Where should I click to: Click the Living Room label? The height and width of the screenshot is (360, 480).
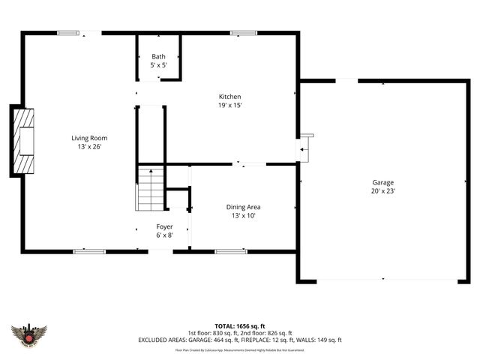tap(90, 137)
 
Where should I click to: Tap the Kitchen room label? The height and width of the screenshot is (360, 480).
tap(229, 97)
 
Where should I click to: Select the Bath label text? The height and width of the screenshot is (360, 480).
tap(158, 56)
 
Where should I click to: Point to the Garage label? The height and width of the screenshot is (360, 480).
tap(383, 182)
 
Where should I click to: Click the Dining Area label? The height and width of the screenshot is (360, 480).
tap(244, 207)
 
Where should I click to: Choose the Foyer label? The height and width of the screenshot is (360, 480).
tap(164, 226)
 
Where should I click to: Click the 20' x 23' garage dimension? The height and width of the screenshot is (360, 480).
tap(383, 191)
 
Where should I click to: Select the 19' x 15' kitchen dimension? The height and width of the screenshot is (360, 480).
tap(229, 106)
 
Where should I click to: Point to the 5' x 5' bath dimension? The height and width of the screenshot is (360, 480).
tap(158, 65)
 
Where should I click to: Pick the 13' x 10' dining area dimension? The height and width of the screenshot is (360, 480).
tap(244, 216)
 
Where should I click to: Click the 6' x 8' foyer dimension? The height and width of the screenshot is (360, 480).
tap(164, 235)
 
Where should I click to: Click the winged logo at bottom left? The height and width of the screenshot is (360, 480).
tap(30, 334)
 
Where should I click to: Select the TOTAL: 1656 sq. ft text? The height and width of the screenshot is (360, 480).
tap(240, 326)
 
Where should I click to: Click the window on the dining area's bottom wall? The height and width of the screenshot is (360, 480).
tap(231, 250)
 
